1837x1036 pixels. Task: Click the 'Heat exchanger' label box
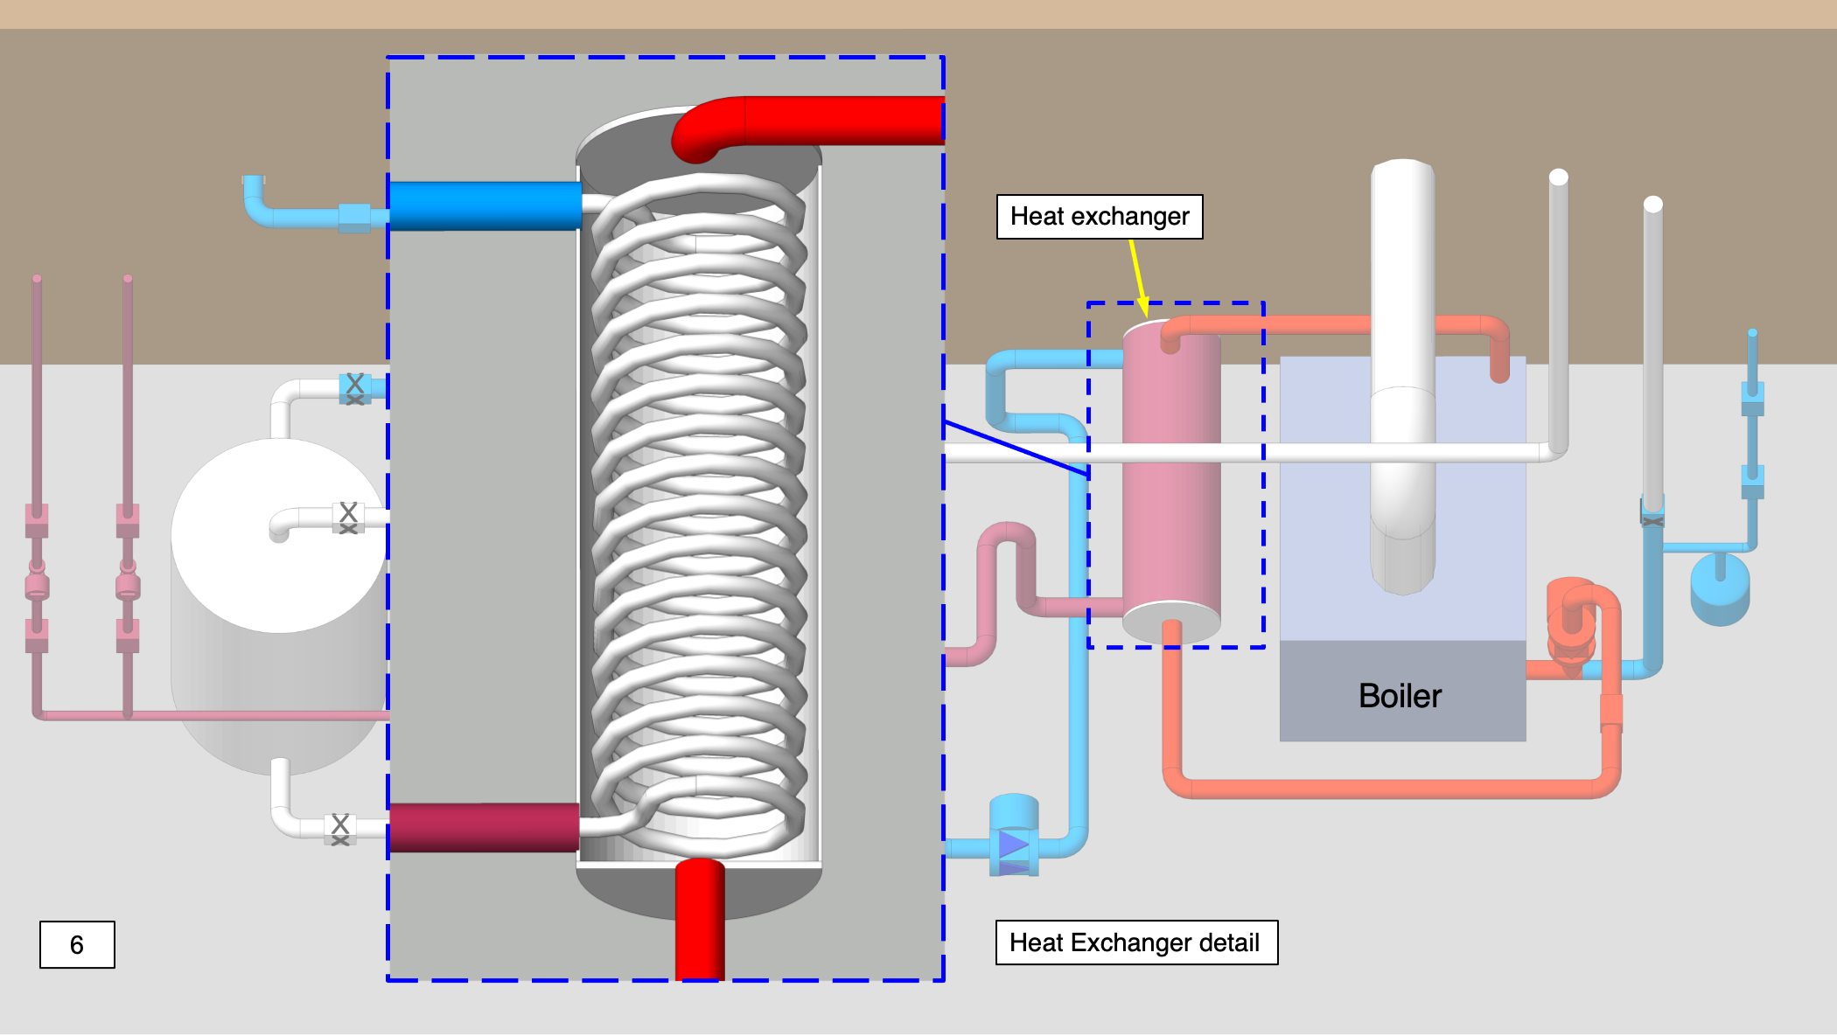pos(1099,217)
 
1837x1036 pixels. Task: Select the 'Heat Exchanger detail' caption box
pos(1135,942)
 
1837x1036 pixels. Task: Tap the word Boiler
pos(1399,696)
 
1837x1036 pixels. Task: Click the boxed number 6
pos(77,944)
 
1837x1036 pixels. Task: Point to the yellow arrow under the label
pos(1138,276)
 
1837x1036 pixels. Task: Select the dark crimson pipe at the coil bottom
pos(483,827)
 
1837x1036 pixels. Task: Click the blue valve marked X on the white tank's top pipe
pos(354,387)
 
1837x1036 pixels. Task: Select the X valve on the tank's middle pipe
pos(348,517)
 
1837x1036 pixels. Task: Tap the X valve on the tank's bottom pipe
pos(340,828)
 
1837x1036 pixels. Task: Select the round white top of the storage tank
pos(278,535)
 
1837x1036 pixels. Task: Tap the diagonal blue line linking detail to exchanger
pos(1015,448)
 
